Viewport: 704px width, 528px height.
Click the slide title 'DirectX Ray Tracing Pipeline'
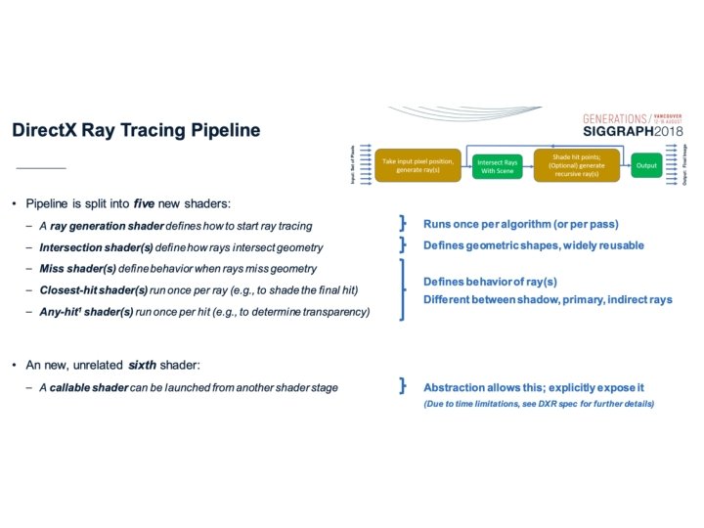[136, 130]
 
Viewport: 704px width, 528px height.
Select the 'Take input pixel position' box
[418, 165]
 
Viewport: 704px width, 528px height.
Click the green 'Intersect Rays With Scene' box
[499, 166]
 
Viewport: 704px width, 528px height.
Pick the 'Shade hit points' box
[577, 165]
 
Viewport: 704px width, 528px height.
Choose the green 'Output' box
[646, 166]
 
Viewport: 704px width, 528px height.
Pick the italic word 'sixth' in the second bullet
[142, 365]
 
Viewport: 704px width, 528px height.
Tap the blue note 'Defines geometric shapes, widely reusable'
[533, 245]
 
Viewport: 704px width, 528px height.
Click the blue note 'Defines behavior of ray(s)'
[490, 282]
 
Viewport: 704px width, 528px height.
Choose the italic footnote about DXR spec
[538, 404]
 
